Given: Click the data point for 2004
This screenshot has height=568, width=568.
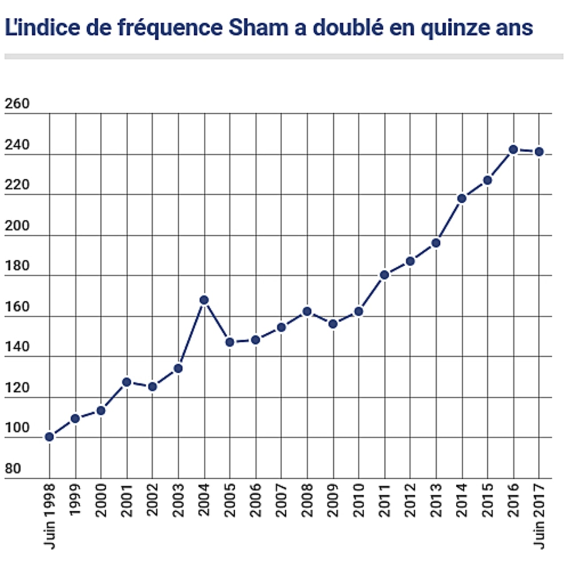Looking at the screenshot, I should coord(204,300).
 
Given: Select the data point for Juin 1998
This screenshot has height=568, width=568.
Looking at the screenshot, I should coord(49,437).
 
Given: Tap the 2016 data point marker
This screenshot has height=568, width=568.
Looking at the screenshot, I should coord(513,150).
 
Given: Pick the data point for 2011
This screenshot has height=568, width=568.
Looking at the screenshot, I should coord(384,275).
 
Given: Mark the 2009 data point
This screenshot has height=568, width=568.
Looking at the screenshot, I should coord(333,324).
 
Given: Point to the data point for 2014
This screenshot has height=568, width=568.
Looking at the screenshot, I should coord(461,198).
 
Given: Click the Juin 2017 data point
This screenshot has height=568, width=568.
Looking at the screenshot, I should coord(539,152).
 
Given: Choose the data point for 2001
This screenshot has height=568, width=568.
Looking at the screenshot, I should coord(126,382).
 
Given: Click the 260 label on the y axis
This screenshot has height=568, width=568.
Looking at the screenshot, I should coord(17,104).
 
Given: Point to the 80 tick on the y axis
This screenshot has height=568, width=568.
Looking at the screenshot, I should coord(13,469).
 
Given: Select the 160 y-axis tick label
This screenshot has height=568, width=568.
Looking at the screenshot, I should coord(17,307).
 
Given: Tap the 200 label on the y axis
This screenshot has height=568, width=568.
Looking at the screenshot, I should coord(17,225).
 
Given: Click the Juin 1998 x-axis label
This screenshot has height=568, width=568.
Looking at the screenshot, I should coord(50,516).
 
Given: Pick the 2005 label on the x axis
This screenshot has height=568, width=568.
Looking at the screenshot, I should coord(230,500).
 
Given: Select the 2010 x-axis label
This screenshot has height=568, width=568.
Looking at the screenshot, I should coord(359,500).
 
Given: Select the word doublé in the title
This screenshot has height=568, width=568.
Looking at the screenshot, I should coord(348,28).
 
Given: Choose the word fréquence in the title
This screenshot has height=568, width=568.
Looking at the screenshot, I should coord(170,28).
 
